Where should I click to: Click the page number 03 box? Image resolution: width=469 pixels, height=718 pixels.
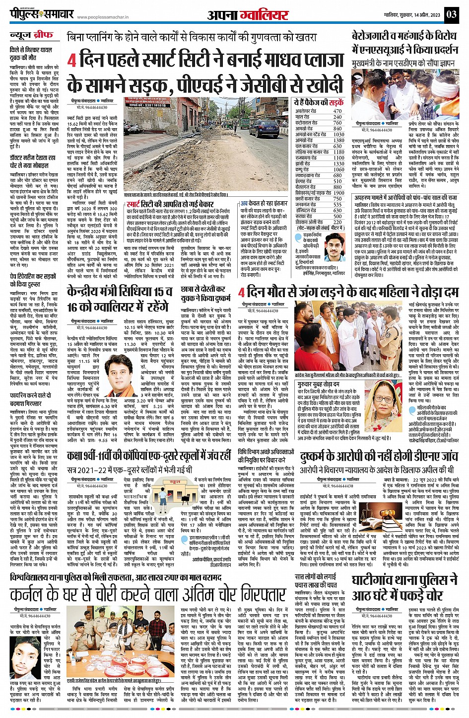coord(452,13)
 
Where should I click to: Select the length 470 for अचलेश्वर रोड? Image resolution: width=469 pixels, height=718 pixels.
coord(338,111)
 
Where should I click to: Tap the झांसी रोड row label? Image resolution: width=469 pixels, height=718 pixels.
coord(304,163)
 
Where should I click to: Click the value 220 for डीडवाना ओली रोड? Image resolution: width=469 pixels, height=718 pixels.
coord(338,222)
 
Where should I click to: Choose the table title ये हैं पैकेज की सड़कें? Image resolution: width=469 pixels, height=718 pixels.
coord(318,102)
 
